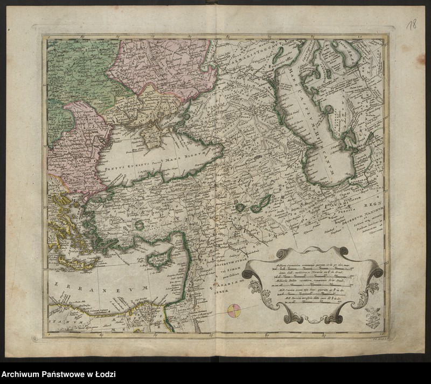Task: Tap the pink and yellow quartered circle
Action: coord(235,311)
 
